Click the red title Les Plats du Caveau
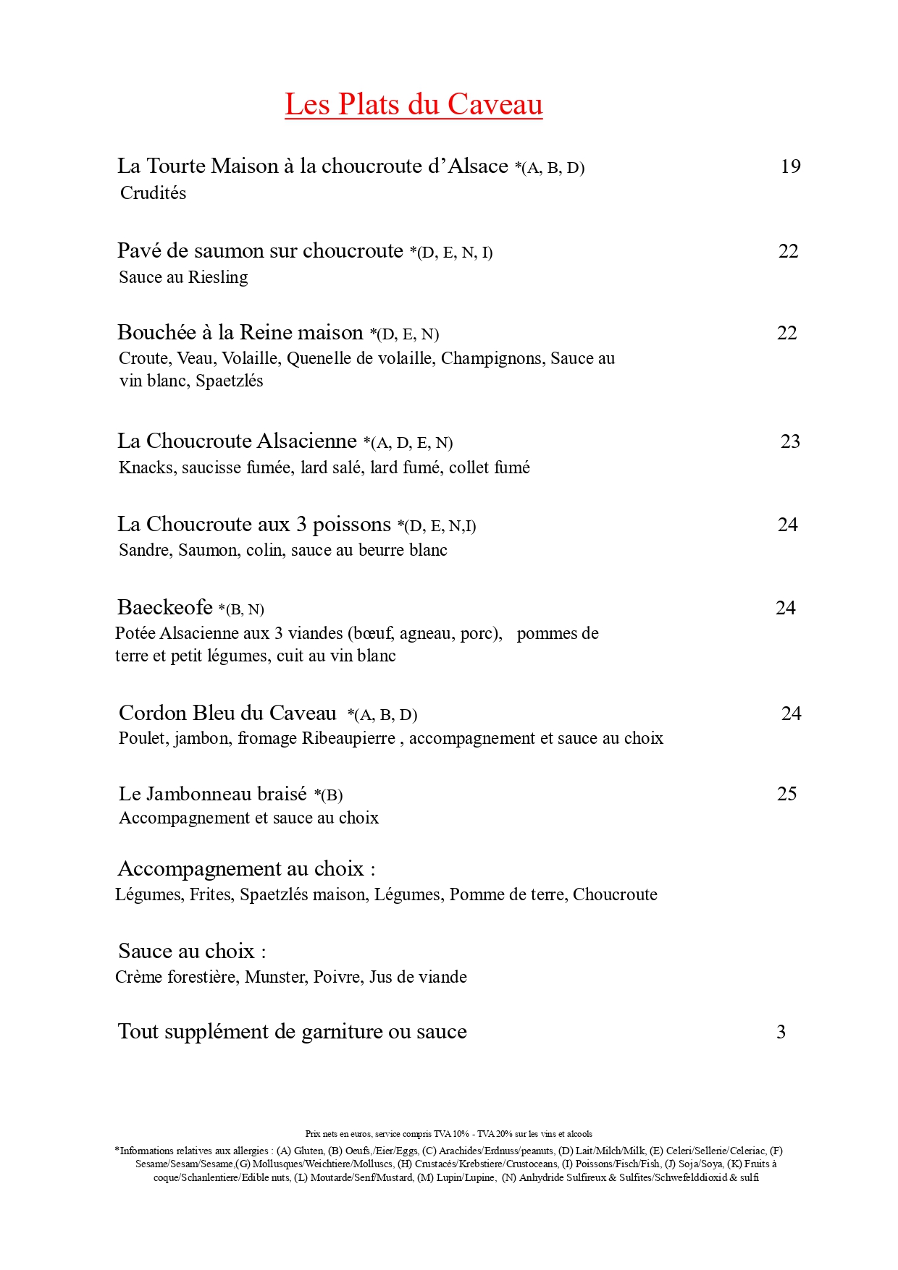pyautogui.click(x=414, y=104)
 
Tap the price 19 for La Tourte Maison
pyautogui.click(x=790, y=166)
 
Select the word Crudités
pyautogui.click(x=154, y=193)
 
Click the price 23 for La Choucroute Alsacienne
pyautogui.click(x=790, y=441)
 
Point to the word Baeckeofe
pyautogui.click(x=165, y=607)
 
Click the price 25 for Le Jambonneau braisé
pyautogui.click(x=786, y=794)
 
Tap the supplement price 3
pyautogui.click(x=781, y=1032)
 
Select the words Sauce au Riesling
pyautogui.click(x=183, y=277)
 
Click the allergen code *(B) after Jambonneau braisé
pyautogui.click(x=328, y=795)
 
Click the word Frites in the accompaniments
pyautogui.click(x=211, y=894)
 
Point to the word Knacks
pyautogui.click(x=147, y=467)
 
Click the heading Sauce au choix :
pyautogui.click(x=192, y=951)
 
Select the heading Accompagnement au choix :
pyautogui.click(x=246, y=868)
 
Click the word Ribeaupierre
pyautogui.click(x=348, y=738)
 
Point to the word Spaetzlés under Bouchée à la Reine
pyautogui.click(x=230, y=381)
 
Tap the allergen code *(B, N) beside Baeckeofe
pyautogui.click(x=241, y=609)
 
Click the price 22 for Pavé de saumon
pyautogui.click(x=788, y=251)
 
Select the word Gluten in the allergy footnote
pyautogui.click(x=309, y=1151)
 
